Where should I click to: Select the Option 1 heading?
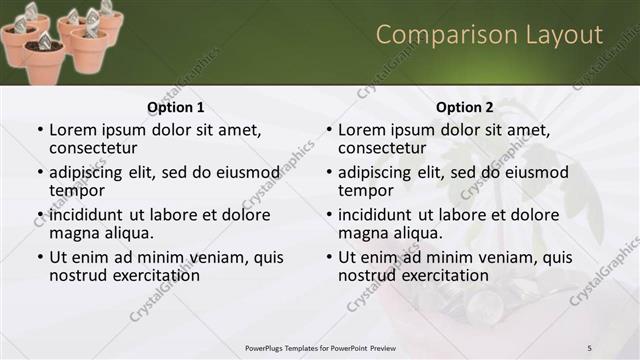point(175,107)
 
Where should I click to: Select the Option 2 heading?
point(465,107)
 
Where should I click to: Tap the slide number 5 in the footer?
point(589,347)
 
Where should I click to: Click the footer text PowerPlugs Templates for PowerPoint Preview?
point(320,347)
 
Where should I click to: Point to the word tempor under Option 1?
point(76,190)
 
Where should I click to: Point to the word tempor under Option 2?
point(365,190)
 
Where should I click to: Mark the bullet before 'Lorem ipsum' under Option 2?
point(327,130)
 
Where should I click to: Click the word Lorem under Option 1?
point(73,130)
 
